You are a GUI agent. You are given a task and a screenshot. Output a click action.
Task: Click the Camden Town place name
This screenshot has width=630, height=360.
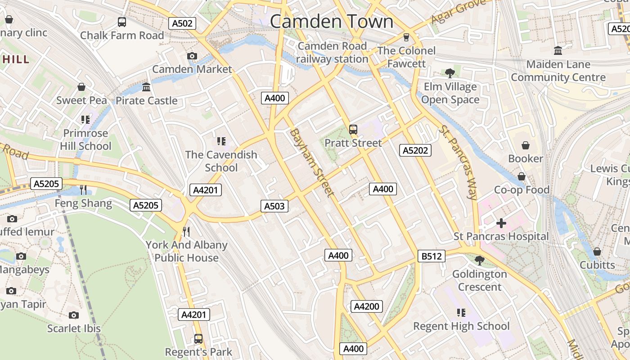click(x=332, y=21)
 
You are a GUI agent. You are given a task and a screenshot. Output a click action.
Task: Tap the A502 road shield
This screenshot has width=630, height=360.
click(x=182, y=23)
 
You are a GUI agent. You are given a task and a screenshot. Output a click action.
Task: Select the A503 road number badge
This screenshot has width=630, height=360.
click(x=274, y=206)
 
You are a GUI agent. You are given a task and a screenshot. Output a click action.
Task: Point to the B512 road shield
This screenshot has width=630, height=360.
click(x=431, y=256)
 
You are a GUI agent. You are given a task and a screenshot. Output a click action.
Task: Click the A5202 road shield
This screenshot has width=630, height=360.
click(x=415, y=150)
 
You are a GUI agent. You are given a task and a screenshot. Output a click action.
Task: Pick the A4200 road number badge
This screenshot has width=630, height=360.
click(x=367, y=306)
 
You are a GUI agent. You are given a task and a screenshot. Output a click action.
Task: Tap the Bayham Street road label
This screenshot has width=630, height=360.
click(x=312, y=162)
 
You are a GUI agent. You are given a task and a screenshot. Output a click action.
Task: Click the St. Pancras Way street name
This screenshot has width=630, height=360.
click(x=458, y=162)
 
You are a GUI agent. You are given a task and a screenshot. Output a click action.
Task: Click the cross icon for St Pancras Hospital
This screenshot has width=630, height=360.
click(x=501, y=223)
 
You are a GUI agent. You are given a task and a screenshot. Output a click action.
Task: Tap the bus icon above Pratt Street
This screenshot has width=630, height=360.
click(x=353, y=130)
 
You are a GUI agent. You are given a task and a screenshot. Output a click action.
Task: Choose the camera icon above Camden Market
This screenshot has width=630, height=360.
click(x=192, y=56)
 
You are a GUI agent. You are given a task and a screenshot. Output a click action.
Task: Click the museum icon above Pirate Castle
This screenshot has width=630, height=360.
click(x=146, y=87)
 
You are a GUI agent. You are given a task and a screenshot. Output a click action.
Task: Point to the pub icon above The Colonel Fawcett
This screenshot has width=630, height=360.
click(x=406, y=37)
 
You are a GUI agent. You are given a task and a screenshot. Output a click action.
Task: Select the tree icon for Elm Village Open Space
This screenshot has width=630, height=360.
click(x=450, y=73)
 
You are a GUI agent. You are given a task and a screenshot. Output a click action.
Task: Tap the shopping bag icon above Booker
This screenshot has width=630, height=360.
click(x=525, y=145)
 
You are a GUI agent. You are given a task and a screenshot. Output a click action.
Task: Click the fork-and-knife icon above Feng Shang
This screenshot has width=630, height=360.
click(x=83, y=190)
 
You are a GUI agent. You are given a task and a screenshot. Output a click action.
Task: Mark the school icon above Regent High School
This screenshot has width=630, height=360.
click(x=461, y=312)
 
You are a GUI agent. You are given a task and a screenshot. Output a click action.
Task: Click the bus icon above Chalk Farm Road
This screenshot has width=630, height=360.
click(x=122, y=22)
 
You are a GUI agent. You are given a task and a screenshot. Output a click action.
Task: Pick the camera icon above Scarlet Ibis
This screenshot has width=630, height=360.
click(x=74, y=315)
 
